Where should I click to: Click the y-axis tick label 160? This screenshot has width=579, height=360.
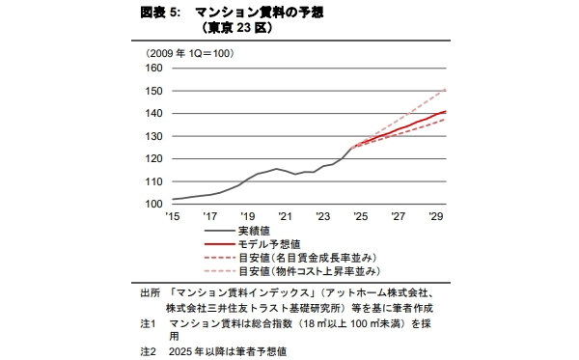[x=154, y=69]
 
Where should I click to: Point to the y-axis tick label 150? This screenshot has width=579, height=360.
[x=154, y=91]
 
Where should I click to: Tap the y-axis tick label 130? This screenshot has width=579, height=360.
[x=154, y=136]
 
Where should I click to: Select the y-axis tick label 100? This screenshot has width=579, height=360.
[x=154, y=204]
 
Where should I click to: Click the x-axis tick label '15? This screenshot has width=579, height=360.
[x=173, y=216]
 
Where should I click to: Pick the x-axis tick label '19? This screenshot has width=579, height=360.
[x=248, y=216]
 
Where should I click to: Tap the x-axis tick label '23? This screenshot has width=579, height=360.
[x=322, y=216]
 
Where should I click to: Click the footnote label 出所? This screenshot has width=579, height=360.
[x=150, y=291]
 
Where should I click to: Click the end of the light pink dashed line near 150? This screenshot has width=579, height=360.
[x=444, y=89]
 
